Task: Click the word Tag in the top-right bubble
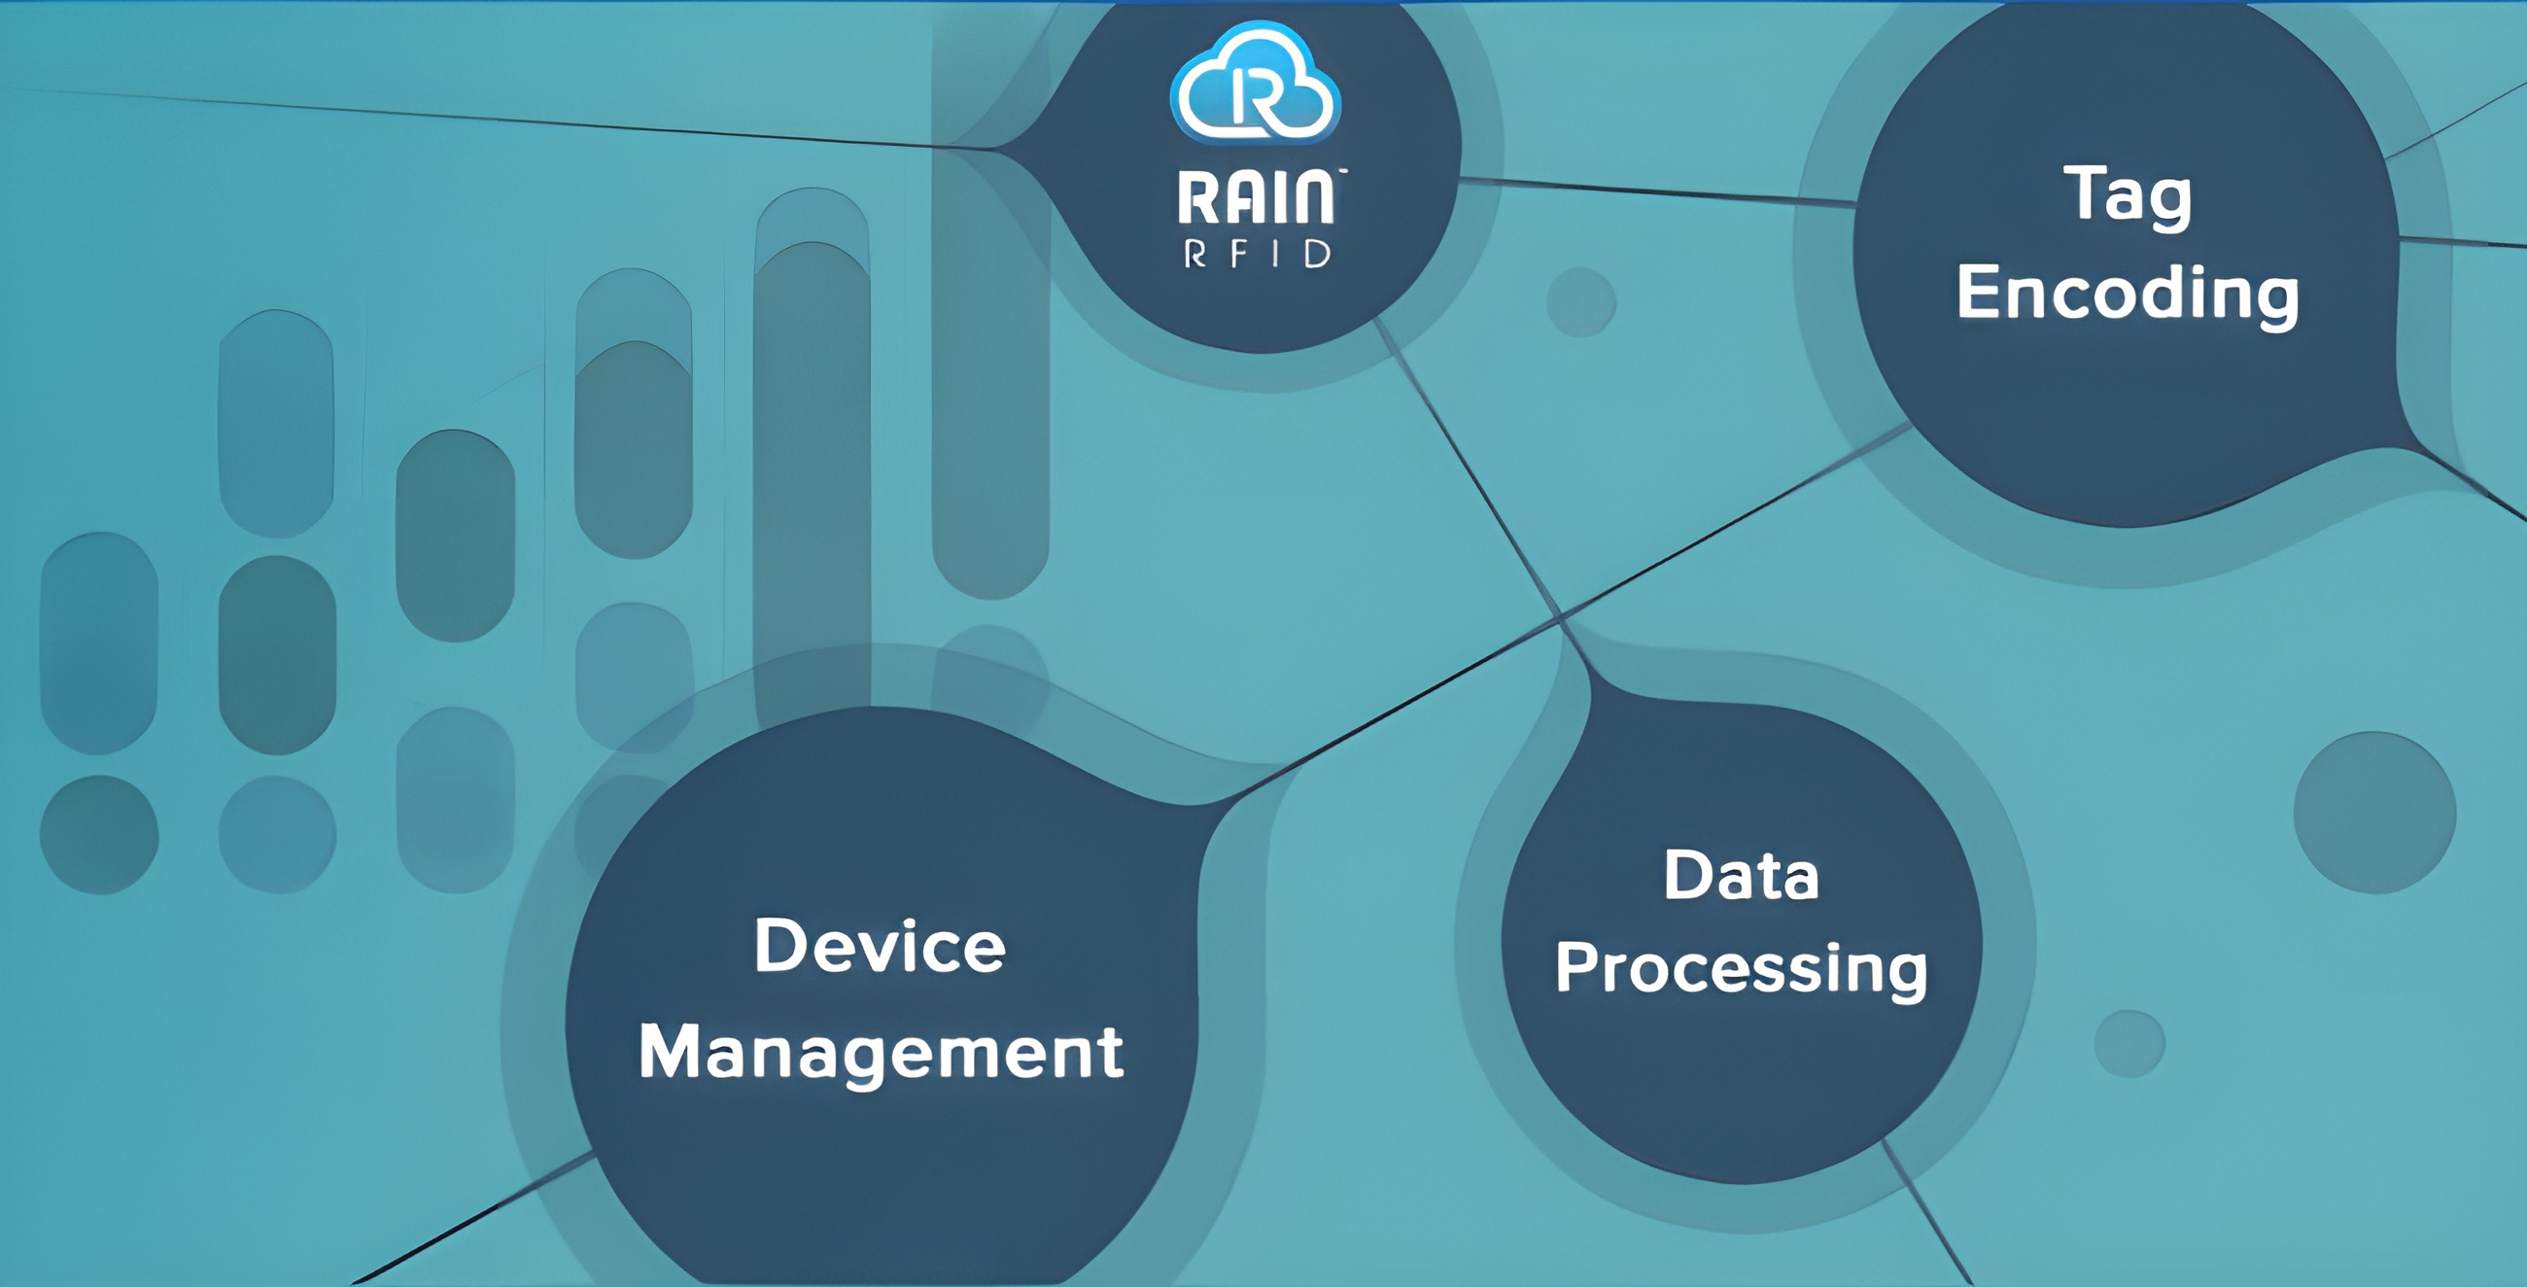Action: click(x=2127, y=194)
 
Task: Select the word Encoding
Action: click(x=2127, y=293)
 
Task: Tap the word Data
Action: click(x=1742, y=875)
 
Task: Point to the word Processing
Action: click(x=1742, y=968)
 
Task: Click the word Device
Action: click(x=880, y=947)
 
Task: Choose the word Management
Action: click(x=880, y=1052)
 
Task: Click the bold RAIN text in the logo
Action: click(x=1256, y=198)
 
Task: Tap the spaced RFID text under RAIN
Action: click(x=1257, y=255)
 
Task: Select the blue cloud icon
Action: click(x=1256, y=84)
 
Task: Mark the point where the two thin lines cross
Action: click(x=1560, y=618)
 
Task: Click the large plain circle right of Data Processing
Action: click(x=2374, y=813)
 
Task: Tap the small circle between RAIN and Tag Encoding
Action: click(x=1580, y=302)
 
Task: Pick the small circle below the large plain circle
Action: click(x=2129, y=1044)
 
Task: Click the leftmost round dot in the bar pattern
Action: click(x=98, y=835)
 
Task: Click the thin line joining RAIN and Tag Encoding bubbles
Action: click(x=1658, y=191)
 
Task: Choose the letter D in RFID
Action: click(x=1318, y=255)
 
